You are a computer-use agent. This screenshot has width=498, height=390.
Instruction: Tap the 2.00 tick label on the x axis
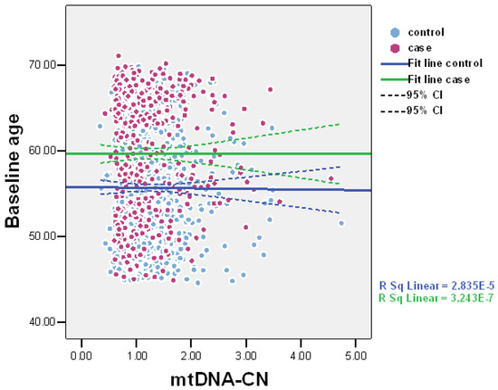coord(191,344)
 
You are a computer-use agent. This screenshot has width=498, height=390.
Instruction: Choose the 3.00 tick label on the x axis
coord(245,344)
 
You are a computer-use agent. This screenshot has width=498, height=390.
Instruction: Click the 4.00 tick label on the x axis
coord(300,344)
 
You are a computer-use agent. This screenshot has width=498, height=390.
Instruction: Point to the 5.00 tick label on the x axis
coord(354,344)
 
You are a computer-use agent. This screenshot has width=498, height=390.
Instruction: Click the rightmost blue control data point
coord(341,223)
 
